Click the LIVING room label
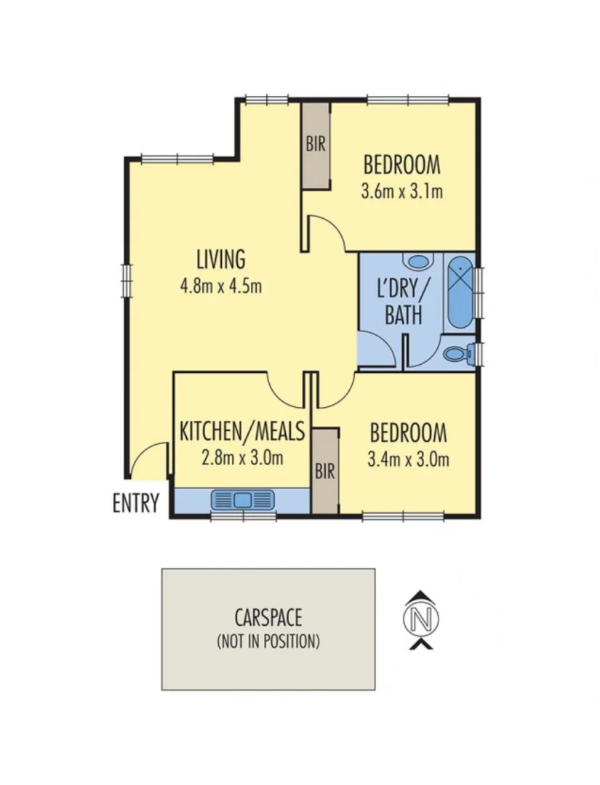(x=220, y=259)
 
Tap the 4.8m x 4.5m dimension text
(x=220, y=286)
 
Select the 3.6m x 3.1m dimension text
(x=401, y=192)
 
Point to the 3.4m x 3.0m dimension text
(x=408, y=459)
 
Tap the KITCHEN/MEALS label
(x=242, y=432)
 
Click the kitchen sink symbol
(x=242, y=500)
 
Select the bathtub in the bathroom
(x=460, y=292)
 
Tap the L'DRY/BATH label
(x=402, y=302)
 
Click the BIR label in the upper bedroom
(x=316, y=144)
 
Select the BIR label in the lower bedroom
(x=324, y=471)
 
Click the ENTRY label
(x=135, y=503)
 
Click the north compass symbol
(x=421, y=620)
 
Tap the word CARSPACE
(x=268, y=619)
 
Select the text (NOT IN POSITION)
(x=268, y=642)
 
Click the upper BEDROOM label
(x=401, y=165)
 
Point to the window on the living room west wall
(x=125, y=279)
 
